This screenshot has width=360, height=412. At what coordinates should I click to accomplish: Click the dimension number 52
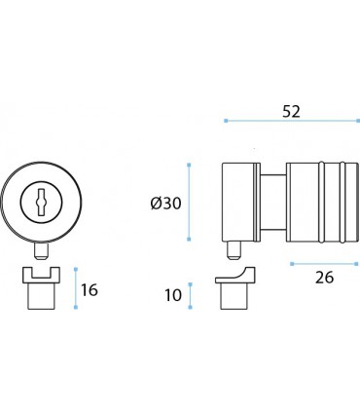[289, 111]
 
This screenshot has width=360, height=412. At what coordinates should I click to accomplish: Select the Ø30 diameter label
[165, 203]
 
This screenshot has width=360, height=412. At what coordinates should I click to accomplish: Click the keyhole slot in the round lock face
[39, 203]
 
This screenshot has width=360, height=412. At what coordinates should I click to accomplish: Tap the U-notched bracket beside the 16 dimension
[39, 288]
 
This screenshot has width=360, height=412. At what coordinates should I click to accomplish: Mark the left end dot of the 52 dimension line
[226, 121]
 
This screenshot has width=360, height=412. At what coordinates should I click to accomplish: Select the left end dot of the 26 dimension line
[289, 262]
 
